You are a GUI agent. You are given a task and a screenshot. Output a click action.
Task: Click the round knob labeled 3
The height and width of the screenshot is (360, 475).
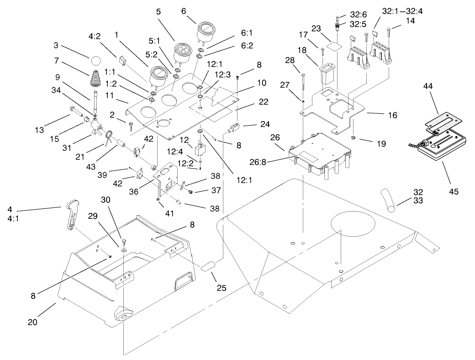(96, 61)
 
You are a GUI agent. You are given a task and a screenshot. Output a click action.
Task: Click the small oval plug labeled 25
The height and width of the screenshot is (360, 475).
(208, 266)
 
